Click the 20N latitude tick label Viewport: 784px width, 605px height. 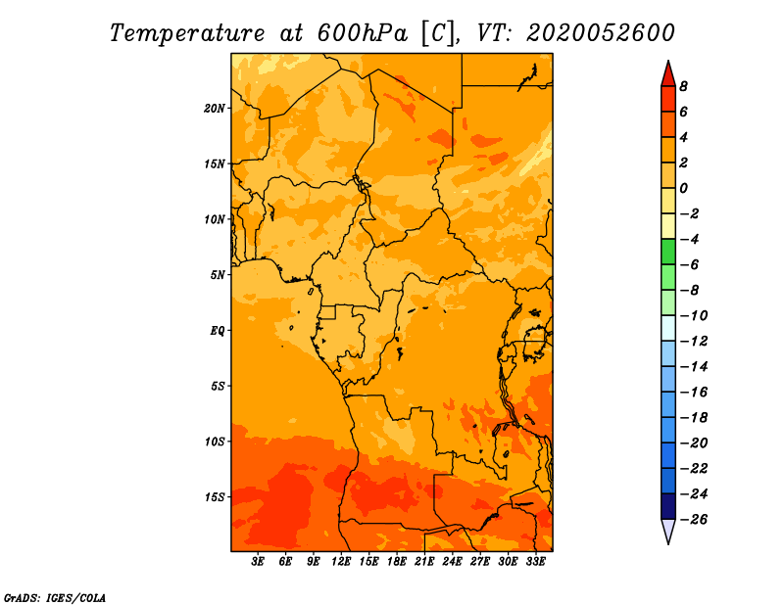(x=215, y=109)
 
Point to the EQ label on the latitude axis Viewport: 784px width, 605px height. (x=218, y=331)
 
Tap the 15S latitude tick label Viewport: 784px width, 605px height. (x=215, y=497)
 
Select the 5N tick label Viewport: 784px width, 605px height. (x=218, y=275)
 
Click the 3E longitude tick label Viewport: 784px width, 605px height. (x=258, y=562)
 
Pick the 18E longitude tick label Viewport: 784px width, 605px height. (x=397, y=562)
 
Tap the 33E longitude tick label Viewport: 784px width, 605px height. (x=535, y=562)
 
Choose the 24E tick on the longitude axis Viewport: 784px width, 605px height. (x=452, y=562)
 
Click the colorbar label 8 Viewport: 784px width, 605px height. (x=684, y=86)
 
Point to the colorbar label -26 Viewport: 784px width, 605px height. (x=694, y=520)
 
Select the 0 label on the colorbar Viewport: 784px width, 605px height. (x=684, y=188)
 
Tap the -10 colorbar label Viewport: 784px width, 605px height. (x=694, y=316)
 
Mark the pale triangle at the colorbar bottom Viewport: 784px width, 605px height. (x=668, y=531)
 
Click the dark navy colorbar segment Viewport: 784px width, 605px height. (x=668, y=506)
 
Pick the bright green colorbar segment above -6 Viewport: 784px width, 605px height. (x=668, y=252)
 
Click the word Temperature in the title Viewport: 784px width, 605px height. (x=186, y=34)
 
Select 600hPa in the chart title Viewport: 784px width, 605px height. (x=363, y=33)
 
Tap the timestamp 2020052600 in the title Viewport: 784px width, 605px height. (x=601, y=33)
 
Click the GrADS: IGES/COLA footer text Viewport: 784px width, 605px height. (x=55, y=598)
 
